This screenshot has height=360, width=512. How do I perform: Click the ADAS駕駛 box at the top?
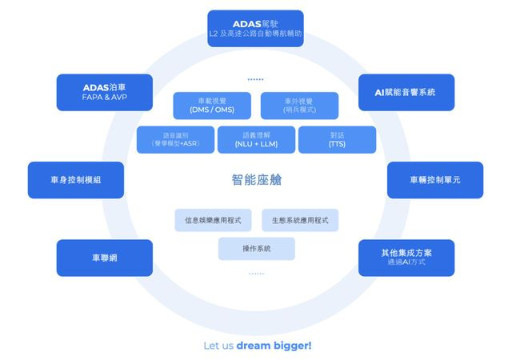255,28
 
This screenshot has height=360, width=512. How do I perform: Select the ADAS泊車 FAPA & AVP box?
105,92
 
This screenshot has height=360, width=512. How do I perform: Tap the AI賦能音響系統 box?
406,92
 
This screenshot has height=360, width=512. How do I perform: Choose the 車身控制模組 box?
76,180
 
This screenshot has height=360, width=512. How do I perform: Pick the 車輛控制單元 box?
435,180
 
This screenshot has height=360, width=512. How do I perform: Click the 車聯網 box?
105,258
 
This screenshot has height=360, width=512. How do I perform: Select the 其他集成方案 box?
406,257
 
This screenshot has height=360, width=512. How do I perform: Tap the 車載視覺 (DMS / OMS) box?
212,106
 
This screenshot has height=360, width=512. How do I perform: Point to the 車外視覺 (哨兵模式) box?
299,106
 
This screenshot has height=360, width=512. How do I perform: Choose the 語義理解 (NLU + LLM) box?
256,140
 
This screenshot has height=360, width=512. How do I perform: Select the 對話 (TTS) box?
337,140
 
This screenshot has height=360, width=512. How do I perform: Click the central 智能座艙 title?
256,180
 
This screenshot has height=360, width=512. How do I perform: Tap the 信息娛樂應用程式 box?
213,220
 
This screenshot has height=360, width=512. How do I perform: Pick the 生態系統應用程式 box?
300,220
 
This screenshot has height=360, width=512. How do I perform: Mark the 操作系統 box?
256,249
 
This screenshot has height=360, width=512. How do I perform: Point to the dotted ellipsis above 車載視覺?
256,79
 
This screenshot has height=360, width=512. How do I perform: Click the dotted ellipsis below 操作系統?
256,274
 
